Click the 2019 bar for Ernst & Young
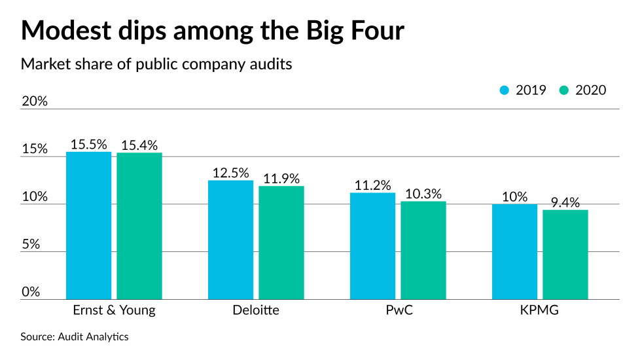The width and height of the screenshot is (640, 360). pyautogui.click(x=89, y=226)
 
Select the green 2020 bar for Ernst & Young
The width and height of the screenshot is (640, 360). pyautogui.click(x=139, y=226)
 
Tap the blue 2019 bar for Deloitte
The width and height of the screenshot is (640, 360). pyautogui.click(x=231, y=240)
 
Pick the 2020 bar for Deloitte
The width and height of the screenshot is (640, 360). pyautogui.click(x=281, y=242)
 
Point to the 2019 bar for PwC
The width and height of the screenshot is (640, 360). pyautogui.click(x=373, y=245)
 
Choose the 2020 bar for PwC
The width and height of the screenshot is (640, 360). pyautogui.click(x=423, y=250)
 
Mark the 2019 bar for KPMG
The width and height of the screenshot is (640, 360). pyautogui.click(x=514, y=251)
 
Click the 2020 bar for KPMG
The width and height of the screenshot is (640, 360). pyautogui.click(x=565, y=254)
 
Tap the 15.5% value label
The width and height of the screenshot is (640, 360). pyautogui.click(x=89, y=145)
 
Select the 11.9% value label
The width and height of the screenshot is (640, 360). pyautogui.click(x=281, y=178)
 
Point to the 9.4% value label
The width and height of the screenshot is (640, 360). pyautogui.click(x=565, y=202)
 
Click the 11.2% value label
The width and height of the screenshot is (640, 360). pyautogui.click(x=373, y=185)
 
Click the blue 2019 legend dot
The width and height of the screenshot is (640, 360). pyautogui.click(x=504, y=90)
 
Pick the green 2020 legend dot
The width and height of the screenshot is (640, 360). pyautogui.click(x=563, y=90)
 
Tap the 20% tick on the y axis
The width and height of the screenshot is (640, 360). pyautogui.click(x=34, y=101)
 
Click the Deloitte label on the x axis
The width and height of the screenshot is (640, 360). pyautogui.click(x=256, y=310)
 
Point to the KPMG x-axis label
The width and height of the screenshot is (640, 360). pyautogui.click(x=540, y=310)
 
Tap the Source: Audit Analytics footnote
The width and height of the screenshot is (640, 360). pyautogui.click(x=75, y=336)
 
